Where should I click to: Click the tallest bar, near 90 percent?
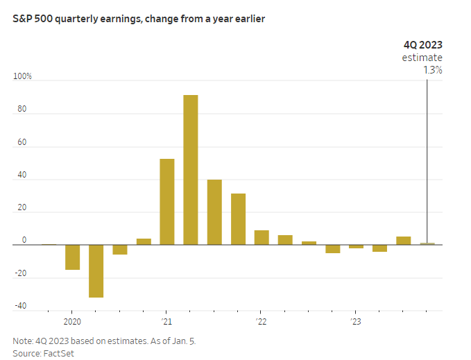tap(190, 170)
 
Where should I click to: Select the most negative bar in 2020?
tap(96, 271)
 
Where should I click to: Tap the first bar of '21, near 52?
tap(166, 202)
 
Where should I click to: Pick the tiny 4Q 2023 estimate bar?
tap(427, 243)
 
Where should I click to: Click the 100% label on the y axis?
tap(23, 76)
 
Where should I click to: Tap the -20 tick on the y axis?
tap(22, 273)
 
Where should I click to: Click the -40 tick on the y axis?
tap(22, 306)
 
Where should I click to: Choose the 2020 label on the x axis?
tap(73, 322)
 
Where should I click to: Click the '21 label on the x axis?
tap(166, 322)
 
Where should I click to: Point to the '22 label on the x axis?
tap(261, 322)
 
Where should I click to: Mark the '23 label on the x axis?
tap(355, 322)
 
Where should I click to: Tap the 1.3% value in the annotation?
tap(432, 69)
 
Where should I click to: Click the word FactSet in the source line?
tap(59, 353)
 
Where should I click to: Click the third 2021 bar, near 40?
tap(214, 212)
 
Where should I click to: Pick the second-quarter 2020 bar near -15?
tap(72, 257)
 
